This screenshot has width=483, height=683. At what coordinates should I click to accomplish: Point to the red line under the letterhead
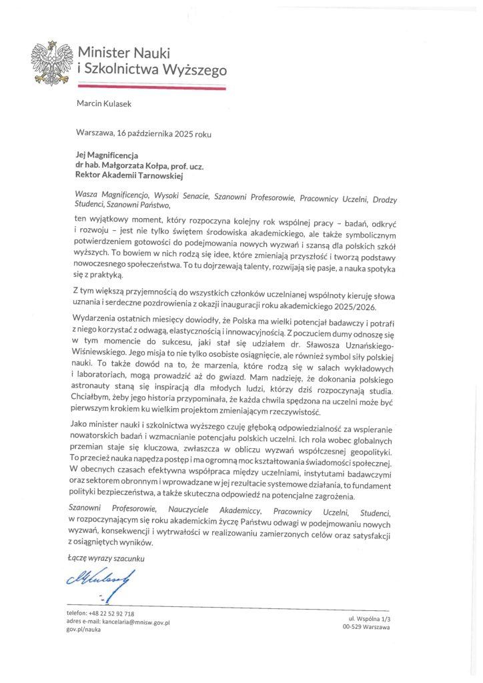click(151, 87)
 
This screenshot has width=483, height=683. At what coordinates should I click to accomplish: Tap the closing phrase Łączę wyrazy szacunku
click(106, 557)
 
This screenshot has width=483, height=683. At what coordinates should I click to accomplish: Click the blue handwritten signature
click(102, 582)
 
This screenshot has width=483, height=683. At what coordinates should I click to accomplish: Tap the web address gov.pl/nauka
click(83, 629)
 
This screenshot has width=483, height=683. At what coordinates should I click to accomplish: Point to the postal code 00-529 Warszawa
click(366, 628)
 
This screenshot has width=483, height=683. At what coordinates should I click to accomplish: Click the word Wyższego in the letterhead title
click(195, 69)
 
